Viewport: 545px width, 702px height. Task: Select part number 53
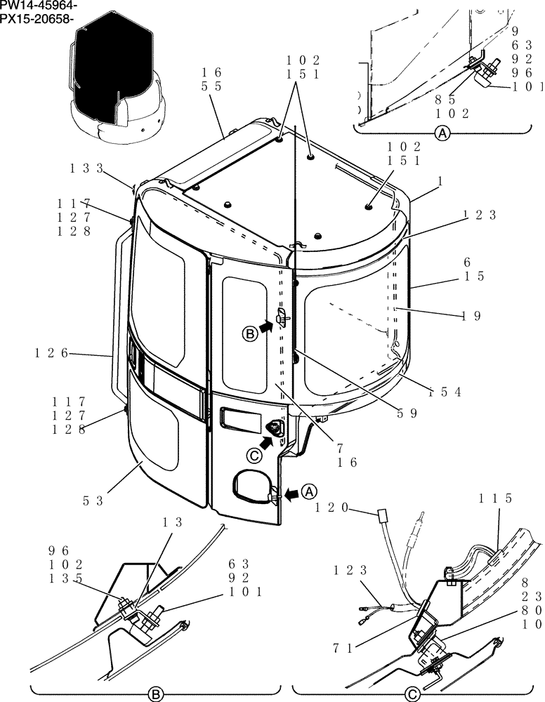click(94, 501)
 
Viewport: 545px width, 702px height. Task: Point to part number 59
click(407, 413)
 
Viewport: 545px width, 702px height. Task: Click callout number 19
click(472, 316)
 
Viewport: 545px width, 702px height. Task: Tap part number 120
click(332, 507)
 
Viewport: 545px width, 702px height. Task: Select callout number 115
click(496, 498)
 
